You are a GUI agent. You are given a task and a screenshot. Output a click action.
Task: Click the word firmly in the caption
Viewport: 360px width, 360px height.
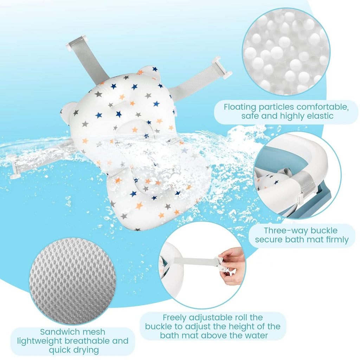click(x=337, y=239)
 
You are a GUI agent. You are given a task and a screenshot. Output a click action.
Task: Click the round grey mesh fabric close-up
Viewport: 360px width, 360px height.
click(x=73, y=281)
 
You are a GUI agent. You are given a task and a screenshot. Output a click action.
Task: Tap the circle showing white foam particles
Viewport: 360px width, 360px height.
click(x=286, y=51)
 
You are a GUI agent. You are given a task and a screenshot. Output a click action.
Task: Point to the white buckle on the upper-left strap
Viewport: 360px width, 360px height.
click(x=75, y=43)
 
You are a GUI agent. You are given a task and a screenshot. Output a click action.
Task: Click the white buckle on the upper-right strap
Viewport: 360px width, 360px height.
click(x=221, y=68)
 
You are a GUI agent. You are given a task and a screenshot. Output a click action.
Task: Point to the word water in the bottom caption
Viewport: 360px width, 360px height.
click(x=256, y=335)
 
